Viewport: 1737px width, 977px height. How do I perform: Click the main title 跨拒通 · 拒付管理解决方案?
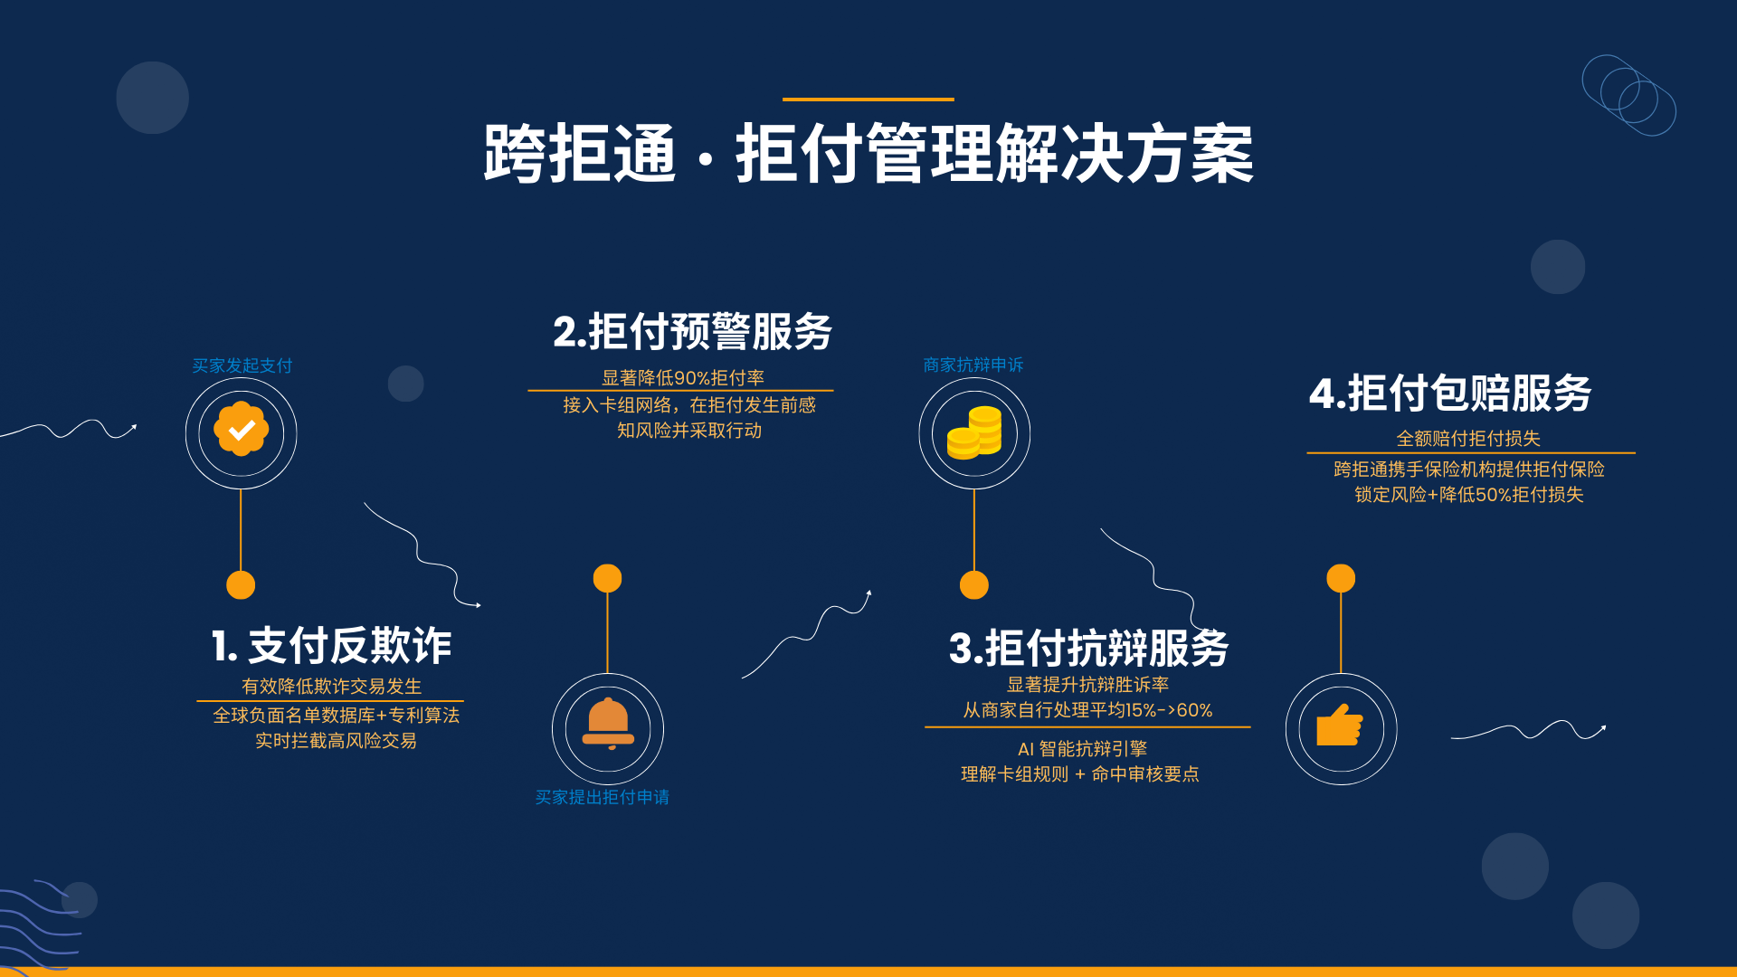tap(868, 154)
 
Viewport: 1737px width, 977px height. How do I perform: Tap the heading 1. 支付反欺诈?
tap(331, 646)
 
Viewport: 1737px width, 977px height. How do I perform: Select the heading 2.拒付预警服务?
tap(692, 331)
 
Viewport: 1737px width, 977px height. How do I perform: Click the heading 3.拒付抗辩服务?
tap(1088, 648)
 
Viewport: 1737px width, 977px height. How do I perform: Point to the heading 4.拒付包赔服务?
tap(1450, 394)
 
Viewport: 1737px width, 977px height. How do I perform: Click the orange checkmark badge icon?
tap(241, 429)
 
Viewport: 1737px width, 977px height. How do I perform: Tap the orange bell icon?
tap(608, 724)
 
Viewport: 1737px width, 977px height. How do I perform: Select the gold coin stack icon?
tap(974, 432)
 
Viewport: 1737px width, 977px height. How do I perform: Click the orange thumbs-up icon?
tap(1340, 725)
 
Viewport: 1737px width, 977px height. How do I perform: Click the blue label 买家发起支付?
tap(242, 365)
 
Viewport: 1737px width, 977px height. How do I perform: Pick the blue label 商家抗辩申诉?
tap(973, 365)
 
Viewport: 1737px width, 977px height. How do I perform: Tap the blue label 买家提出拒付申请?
tap(603, 797)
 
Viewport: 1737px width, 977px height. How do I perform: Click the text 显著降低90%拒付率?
tap(683, 377)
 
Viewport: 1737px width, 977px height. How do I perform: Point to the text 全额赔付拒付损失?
tap(1468, 438)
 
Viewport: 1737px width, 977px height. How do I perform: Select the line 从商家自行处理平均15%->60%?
tap(1087, 710)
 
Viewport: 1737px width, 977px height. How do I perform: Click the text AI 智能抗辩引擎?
tap(1082, 748)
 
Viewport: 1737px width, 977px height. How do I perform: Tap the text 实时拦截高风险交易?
tap(336, 740)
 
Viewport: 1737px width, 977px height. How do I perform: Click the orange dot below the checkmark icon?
tap(241, 585)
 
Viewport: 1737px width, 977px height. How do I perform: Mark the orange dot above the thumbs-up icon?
tap(1341, 578)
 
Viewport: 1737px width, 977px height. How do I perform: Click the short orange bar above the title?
tap(868, 99)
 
